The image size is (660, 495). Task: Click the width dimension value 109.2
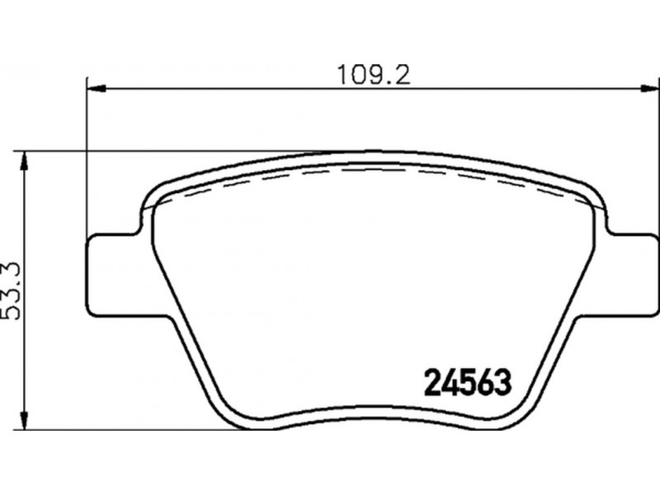coord(375,76)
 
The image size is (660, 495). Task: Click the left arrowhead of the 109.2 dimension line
coord(96,88)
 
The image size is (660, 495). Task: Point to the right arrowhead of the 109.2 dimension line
coord(649,88)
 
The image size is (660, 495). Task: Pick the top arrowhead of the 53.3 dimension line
coord(25,161)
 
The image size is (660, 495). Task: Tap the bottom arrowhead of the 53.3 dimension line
coord(25,421)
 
